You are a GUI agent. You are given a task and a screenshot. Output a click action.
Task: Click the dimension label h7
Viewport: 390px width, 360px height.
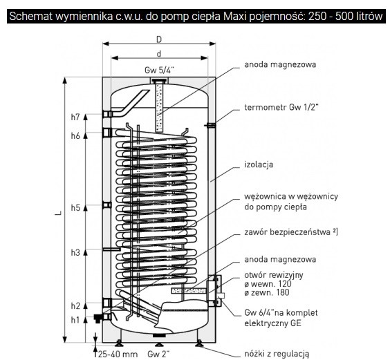(75, 117)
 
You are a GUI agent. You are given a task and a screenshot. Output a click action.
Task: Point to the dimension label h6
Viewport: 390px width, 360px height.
(75, 135)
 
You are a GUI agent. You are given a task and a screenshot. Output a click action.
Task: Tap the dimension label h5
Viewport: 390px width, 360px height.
(75, 207)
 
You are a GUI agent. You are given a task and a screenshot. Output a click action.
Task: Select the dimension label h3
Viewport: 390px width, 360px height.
(75, 253)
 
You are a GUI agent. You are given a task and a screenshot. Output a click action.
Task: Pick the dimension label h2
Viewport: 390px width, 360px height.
(75, 306)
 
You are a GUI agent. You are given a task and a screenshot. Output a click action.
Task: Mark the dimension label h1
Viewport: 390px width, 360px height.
(75, 320)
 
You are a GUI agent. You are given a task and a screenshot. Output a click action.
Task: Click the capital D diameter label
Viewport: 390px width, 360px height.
(159, 39)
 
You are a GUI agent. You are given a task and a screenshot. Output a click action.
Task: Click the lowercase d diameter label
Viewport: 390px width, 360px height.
(159, 54)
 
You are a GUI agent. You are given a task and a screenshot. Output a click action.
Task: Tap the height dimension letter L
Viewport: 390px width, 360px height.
(59, 213)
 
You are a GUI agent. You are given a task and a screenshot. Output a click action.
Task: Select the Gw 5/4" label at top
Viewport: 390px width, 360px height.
(160, 70)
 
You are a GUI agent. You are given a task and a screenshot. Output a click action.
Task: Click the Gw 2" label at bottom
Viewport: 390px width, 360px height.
(158, 354)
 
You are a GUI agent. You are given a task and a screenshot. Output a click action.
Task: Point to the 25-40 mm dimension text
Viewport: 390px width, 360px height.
(118, 354)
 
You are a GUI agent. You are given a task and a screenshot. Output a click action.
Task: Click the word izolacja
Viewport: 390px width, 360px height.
(259, 164)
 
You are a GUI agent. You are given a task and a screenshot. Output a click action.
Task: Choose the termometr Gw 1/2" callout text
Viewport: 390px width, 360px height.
(281, 107)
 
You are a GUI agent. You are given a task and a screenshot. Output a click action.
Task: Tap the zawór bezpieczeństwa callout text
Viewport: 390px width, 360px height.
(291, 232)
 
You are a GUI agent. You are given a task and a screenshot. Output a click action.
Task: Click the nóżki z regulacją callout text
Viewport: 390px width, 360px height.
(277, 354)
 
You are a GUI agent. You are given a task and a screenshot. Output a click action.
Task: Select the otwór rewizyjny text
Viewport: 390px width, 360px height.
(274, 275)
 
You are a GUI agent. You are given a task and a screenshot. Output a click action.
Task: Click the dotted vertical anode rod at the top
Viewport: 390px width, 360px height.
(159, 108)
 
